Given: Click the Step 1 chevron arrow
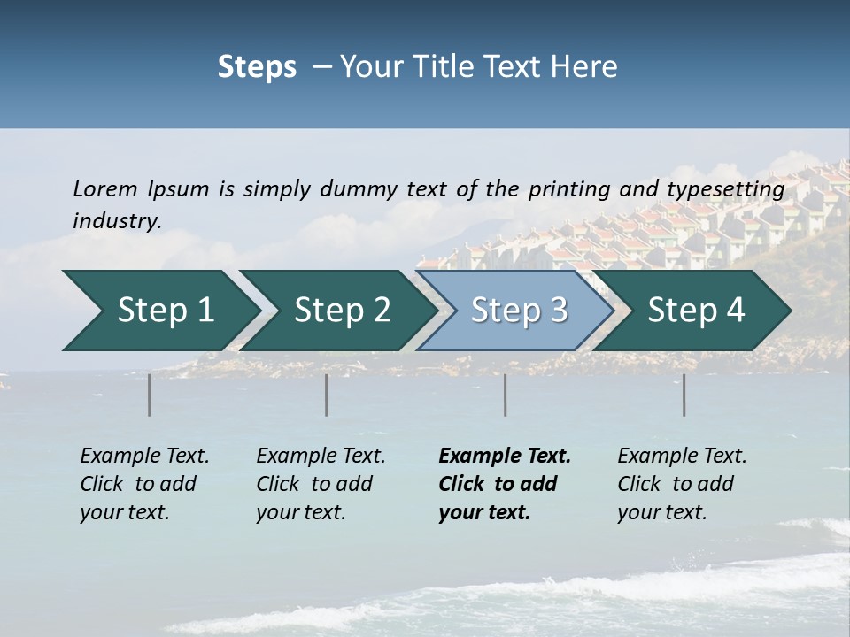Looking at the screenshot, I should (x=164, y=311).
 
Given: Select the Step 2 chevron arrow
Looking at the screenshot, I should (x=342, y=311).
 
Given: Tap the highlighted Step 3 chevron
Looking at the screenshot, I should (x=518, y=311).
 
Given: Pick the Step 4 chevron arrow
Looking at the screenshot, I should (x=696, y=311).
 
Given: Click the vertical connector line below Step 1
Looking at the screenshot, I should (x=150, y=395).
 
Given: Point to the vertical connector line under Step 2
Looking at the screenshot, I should (x=327, y=395).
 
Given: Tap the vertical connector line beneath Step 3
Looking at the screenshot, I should (x=506, y=395).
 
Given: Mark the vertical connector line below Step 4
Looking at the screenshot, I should (x=684, y=395).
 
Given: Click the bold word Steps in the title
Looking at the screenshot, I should (x=257, y=67).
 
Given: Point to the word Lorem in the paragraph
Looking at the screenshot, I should (x=105, y=188).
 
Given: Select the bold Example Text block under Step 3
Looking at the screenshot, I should (x=505, y=484).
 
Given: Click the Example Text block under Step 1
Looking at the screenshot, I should (x=144, y=484).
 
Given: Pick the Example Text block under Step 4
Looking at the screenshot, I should (x=682, y=484).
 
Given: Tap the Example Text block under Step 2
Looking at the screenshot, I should (x=321, y=484).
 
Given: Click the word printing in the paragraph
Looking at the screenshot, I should (x=570, y=189).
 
